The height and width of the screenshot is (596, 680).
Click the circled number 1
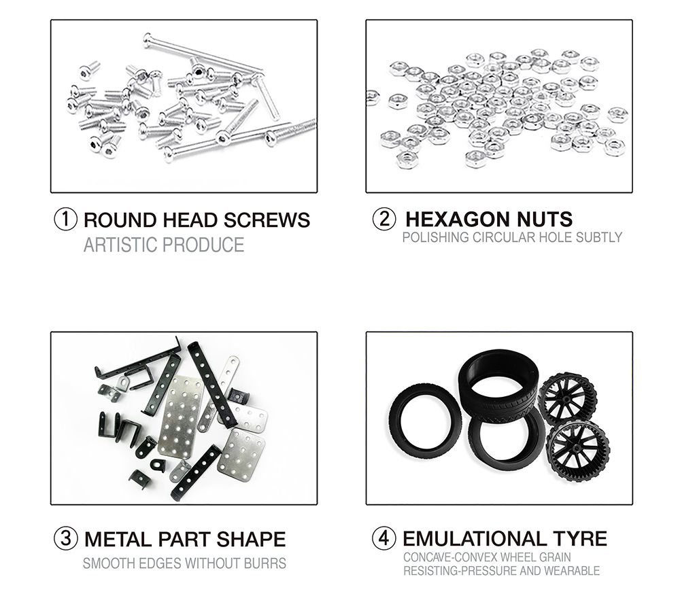point(66,220)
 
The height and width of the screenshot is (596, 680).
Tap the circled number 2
point(384,219)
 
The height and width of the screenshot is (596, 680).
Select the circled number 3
point(66,538)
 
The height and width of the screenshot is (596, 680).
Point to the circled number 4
point(384,538)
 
